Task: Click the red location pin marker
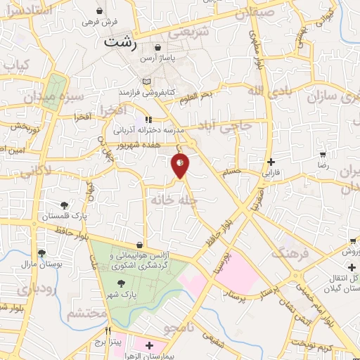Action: [x=180, y=165]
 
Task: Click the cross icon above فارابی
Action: [x=271, y=161]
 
